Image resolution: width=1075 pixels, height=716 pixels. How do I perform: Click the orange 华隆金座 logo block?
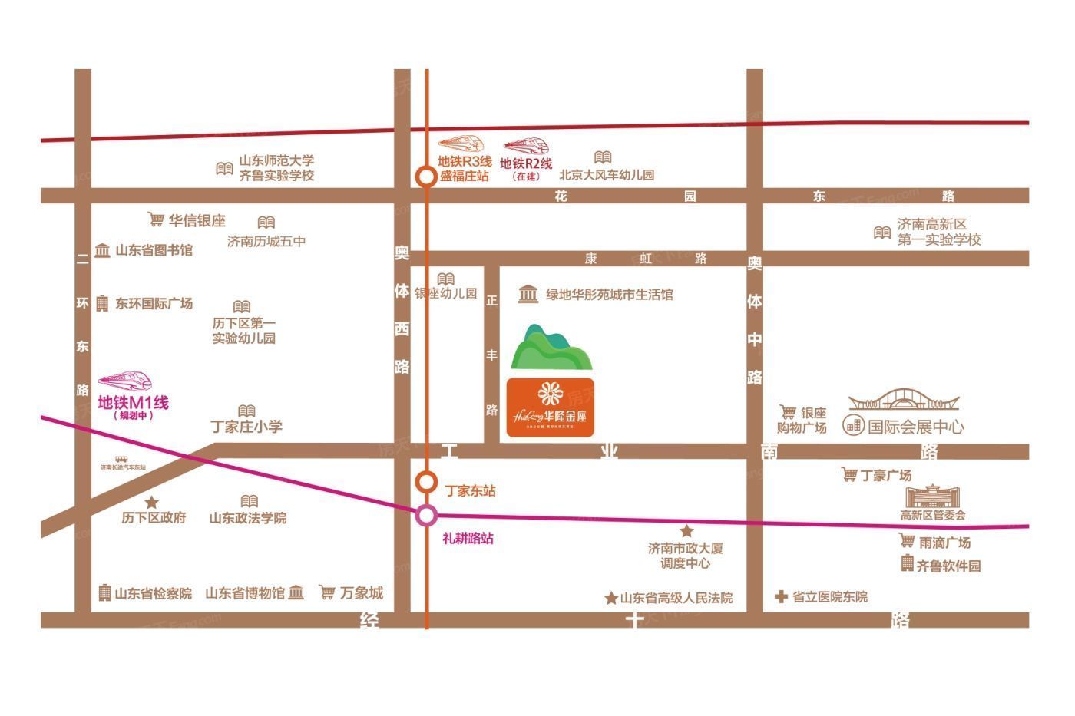tap(550, 407)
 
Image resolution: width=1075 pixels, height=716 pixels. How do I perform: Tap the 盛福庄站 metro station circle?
tap(425, 176)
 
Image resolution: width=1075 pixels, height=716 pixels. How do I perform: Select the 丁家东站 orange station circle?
tap(426, 482)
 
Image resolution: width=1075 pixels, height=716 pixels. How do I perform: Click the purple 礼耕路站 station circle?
tap(426, 515)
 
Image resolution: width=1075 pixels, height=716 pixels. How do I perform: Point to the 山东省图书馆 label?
tap(154, 250)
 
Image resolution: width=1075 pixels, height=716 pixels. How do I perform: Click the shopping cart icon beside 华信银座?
tap(156, 220)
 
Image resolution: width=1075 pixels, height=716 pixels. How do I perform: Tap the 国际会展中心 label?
tap(915, 426)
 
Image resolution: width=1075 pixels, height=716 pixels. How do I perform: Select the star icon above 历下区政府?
tap(152, 502)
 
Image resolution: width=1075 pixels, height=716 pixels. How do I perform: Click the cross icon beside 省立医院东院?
tap(781, 596)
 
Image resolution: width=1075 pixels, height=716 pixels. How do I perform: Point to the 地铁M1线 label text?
tap(133, 402)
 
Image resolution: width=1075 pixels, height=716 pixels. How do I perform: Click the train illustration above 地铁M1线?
tap(125, 381)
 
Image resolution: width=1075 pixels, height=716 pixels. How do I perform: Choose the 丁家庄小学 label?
tap(246, 427)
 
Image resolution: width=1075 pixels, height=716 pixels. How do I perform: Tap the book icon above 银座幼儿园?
tap(445, 279)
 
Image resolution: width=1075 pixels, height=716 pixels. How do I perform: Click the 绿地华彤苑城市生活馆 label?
tap(609, 294)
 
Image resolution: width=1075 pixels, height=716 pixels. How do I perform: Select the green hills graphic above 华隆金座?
tap(551, 348)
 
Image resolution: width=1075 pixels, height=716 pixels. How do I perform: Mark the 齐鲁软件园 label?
tap(948, 566)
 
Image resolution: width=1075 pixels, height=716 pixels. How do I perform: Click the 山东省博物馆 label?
tap(245, 592)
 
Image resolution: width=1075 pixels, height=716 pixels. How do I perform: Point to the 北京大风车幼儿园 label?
tap(607, 175)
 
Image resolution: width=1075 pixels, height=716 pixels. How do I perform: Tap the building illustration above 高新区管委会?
tap(933, 495)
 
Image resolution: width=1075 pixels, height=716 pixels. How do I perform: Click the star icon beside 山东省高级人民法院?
tap(611, 598)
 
